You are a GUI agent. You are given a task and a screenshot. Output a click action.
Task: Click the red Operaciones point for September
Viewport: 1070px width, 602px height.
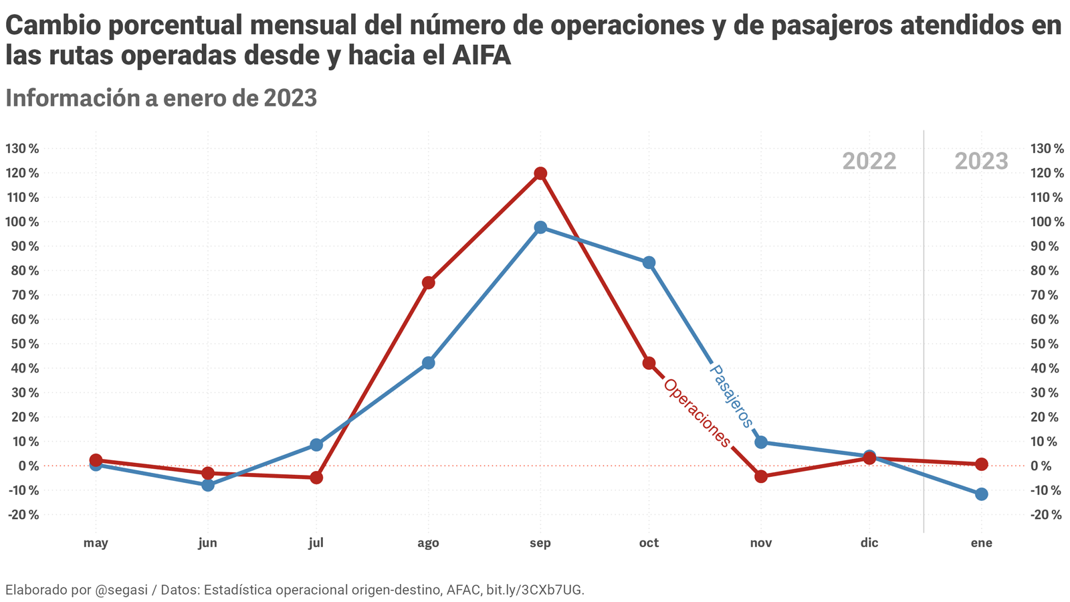pos(540,174)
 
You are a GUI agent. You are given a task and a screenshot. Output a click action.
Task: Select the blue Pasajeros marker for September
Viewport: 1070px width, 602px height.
pos(540,227)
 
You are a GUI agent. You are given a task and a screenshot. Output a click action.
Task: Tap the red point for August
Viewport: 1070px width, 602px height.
pos(429,283)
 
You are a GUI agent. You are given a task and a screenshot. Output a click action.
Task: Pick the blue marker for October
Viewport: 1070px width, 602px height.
pos(649,263)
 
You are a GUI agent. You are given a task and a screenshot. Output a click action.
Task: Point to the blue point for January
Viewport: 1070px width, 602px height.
pos(981,494)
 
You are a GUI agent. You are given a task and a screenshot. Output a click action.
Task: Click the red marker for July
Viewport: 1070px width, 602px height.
pos(316,478)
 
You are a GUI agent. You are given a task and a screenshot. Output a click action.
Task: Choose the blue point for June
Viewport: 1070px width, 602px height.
pos(208,485)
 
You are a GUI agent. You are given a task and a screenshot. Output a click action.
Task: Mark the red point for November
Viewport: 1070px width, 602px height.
pos(760,477)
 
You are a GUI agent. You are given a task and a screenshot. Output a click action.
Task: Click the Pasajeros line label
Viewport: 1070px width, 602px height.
pos(731,396)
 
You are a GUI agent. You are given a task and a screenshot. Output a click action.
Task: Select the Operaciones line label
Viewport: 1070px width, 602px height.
pos(697,413)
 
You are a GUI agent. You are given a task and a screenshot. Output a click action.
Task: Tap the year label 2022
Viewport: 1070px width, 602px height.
pos(869,161)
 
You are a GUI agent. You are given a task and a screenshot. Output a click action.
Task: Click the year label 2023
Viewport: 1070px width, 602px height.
pos(981,161)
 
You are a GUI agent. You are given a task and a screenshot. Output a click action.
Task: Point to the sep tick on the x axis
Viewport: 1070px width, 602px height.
pos(540,543)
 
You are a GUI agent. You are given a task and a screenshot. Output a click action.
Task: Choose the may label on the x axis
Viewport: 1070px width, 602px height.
pos(96,543)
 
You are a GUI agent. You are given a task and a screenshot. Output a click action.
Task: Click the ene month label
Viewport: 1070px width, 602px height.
pos(981,543)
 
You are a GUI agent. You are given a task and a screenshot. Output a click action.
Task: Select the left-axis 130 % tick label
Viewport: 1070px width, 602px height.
pos(22,148)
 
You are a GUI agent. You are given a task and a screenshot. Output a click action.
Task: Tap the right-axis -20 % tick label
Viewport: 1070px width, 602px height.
pos(1047,515)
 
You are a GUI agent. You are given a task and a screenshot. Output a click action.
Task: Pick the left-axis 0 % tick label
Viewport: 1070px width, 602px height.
pos(27,466)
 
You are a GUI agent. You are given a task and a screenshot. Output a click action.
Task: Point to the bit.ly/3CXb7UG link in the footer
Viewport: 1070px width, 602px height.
pos(535,590)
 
